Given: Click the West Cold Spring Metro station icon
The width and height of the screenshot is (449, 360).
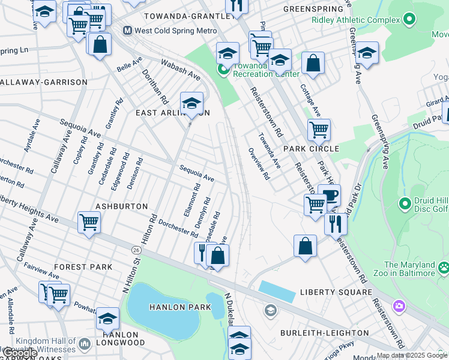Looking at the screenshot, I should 127,31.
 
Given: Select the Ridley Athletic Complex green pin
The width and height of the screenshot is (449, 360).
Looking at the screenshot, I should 409,20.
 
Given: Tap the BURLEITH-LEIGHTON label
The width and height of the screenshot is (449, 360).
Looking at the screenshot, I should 327,332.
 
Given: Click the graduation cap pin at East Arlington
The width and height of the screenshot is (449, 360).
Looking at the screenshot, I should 191,103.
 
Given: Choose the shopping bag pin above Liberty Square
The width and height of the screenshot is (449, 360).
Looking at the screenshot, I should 305,245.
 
